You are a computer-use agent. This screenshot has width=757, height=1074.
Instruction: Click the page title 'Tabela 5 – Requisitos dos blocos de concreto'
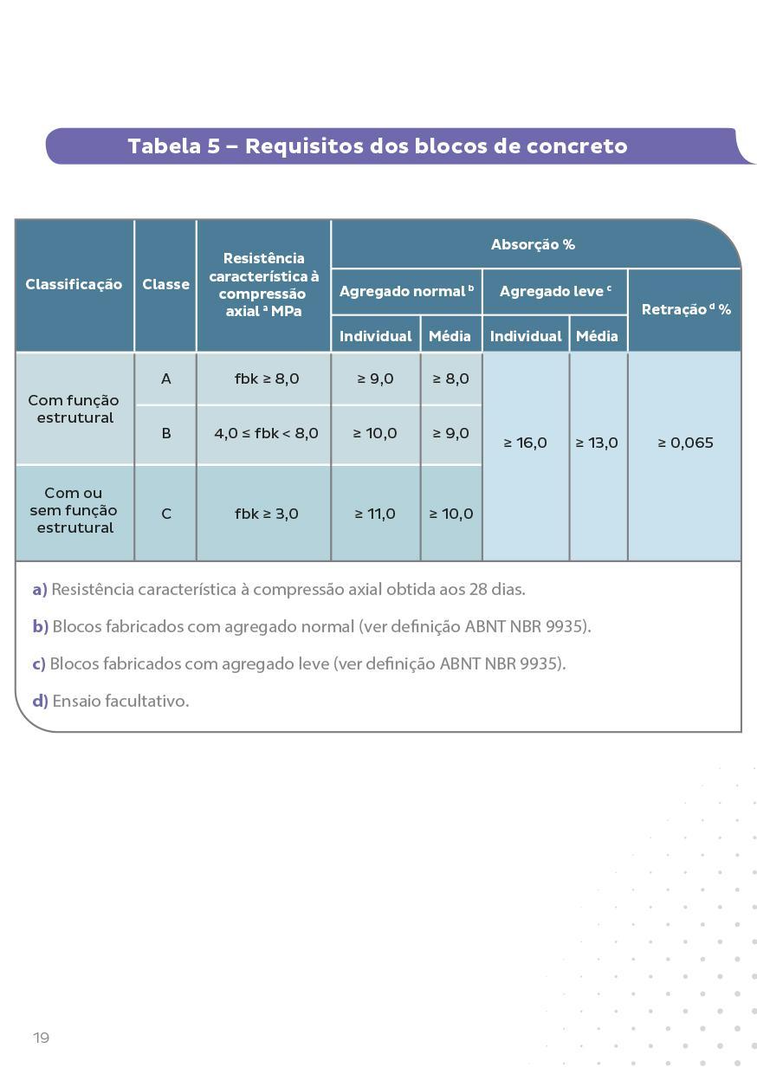coord(378,146)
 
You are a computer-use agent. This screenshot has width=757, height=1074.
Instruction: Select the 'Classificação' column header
coord(74,284)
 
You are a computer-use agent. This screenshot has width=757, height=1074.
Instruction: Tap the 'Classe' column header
coord(165,284)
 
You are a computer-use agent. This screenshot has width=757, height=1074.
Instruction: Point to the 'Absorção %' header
coord(533,244)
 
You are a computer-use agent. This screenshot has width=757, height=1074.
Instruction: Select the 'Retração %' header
coord(685,309)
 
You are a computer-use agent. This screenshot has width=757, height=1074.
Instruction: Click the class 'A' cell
coord(165,378)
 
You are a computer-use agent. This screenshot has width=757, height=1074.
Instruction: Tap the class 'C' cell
coord(165,514)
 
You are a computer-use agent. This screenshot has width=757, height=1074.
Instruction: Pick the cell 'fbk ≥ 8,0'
coord(266,378)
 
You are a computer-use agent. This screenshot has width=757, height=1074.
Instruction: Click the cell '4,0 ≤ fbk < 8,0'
coord(266,433)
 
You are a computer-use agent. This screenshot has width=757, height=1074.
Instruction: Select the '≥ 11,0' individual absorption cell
coord(375,514)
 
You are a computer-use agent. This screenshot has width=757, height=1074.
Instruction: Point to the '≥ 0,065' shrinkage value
coord(685,443)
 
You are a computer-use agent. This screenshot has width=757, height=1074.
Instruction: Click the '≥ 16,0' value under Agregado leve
coord(525,443)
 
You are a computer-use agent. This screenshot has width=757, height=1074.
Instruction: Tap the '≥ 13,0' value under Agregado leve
coord(597,443)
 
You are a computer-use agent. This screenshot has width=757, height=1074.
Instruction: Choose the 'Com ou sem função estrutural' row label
coord(74,510)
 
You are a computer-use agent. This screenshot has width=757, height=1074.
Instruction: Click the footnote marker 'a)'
coord(39,589)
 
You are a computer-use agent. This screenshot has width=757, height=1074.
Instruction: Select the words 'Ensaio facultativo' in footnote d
coord(120,701)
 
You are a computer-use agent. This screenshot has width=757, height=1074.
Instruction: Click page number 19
coord(41,1038)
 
